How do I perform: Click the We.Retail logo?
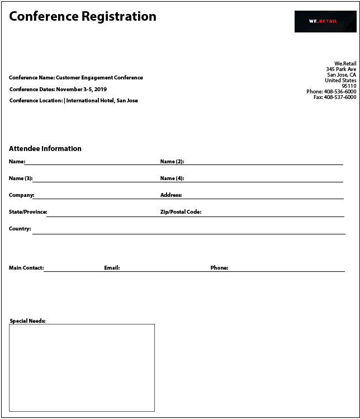point(325,21)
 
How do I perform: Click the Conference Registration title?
point(83,16)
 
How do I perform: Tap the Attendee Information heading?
point(45,149)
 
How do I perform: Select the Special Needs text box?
point(82,368)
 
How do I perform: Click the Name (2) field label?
point(172,162)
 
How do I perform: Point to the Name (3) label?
point(20,178)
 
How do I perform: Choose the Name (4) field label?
point(172,178)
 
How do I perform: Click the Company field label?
point(21,195)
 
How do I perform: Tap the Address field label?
point(171,195)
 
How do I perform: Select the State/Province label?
point(28,212)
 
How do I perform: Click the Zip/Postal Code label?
point(181,212)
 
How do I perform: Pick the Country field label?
point(20,229)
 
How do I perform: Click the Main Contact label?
point(26,268)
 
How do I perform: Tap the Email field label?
point(112,268)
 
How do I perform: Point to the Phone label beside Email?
point(219,268)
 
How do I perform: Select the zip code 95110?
point(349,86)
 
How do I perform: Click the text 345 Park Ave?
point(341,69)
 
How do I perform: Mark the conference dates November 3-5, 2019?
point(81,90)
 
